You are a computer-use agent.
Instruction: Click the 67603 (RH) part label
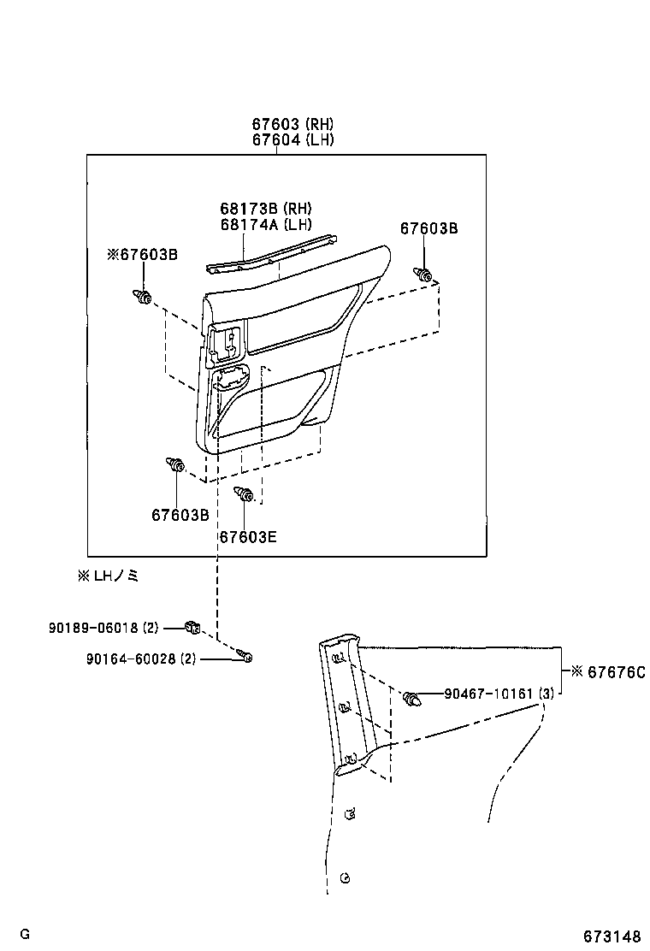(292, 125)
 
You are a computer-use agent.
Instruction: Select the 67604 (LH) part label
(292, 140)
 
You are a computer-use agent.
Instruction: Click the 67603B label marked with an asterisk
(143, 254)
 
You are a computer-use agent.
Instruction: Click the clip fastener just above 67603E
(244, 493)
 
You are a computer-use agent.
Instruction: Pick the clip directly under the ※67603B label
(143, 297)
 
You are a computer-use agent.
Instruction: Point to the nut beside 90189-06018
(193, 629)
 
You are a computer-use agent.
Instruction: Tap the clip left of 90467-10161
(412, 698)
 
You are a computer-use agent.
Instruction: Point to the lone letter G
(25, 934)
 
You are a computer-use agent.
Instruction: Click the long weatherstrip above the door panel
(269, 255)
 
